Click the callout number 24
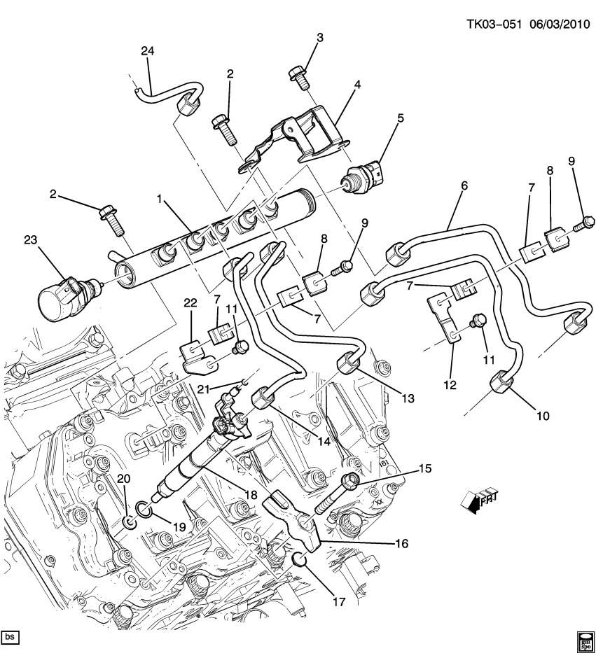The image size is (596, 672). click(148, 51)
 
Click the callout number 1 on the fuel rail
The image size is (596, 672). click(160, 200)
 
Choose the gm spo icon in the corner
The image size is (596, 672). click(584, 640)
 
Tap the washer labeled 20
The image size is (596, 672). click(128, 523)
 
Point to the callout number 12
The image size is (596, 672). click(449, 384)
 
